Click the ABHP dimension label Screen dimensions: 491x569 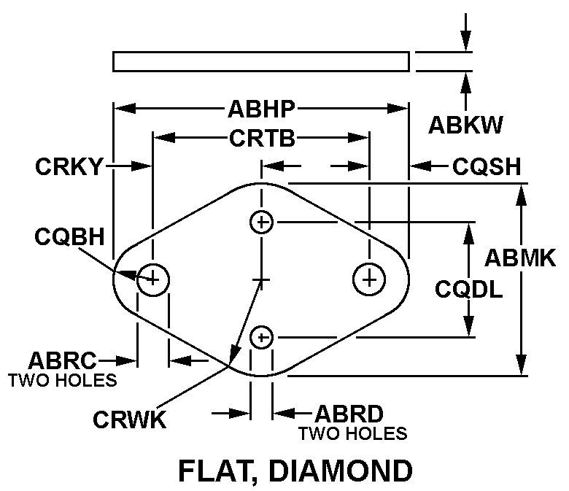[x=261, y=109]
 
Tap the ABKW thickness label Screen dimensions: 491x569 [x=465, y=125]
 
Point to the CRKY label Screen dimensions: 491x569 [x=70, y=167]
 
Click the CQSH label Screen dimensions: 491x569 [x=487, y=167]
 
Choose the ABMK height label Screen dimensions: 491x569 [x=520, y=258]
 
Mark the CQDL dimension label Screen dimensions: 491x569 [x=468, y=290]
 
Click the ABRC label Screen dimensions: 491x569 [x=62, y=360]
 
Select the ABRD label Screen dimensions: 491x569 [x=349, y=414]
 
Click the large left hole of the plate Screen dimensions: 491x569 [x=153, y=278]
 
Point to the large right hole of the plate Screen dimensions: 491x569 [x=369, y=278]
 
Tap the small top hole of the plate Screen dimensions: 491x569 [x=261, y=221]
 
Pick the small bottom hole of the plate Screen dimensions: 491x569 [x=261, y=336]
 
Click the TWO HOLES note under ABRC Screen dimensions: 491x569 [x=62, y=379]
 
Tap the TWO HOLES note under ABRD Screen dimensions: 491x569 [x=352, y=433]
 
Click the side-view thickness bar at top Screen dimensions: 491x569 [x=260, y=61]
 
